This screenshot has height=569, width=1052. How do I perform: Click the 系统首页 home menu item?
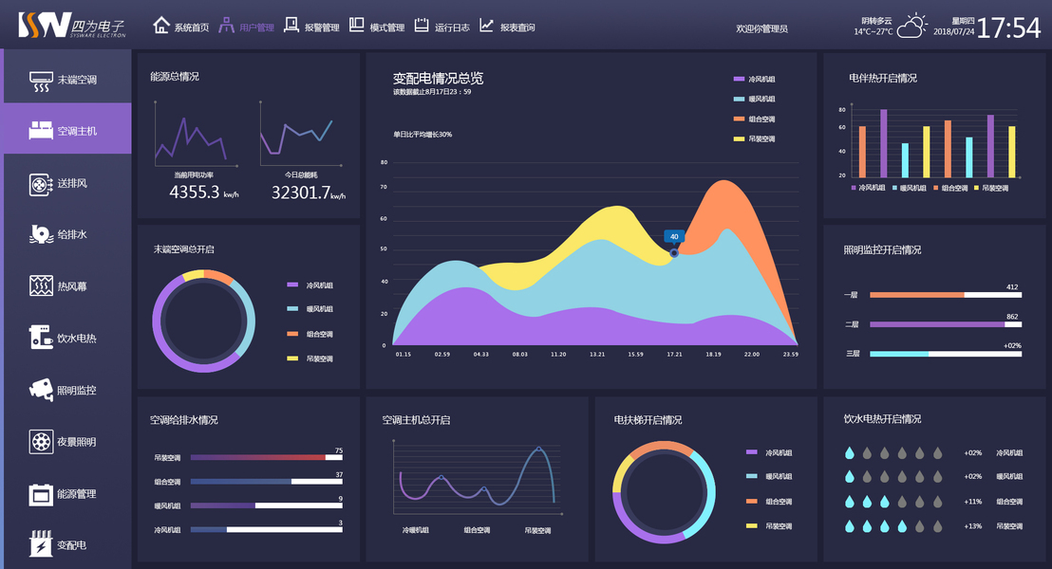[181, 28]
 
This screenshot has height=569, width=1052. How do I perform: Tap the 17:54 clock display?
[1008, 28]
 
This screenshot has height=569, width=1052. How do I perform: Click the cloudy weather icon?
[912, 26]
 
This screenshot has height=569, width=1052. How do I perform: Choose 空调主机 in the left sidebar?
[66, 131]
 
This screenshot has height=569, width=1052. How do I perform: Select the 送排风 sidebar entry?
[66, 183]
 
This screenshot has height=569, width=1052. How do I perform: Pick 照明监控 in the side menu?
[66, 390]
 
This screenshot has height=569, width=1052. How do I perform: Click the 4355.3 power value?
[195, 193]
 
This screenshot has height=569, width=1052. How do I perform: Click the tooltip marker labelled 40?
[674, 236]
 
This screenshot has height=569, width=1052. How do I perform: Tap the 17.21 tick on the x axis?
[674, 354]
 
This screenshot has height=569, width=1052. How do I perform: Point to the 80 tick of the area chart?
[385, 162]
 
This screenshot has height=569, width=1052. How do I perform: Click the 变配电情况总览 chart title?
[438, 78]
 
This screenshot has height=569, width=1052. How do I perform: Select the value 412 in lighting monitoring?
[1012, 286]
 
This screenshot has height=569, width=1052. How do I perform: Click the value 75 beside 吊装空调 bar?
[339, 450]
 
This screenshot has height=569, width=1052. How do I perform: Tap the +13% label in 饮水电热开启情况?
[972, 525]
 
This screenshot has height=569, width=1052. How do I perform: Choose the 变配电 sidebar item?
[66, 545]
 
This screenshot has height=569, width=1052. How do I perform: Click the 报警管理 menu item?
[311, 28]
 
